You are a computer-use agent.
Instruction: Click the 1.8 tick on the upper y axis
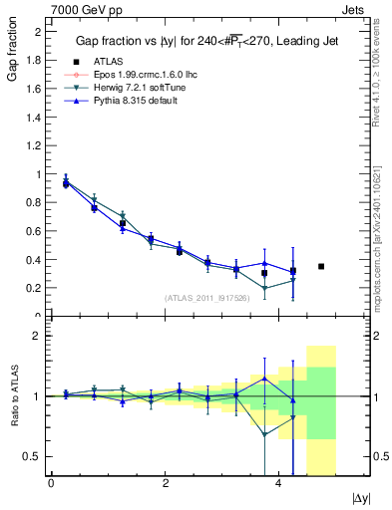pyautogui.click(x=35, y=60)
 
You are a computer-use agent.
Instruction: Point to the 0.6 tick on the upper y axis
pyautogui.click(x=35, y=231)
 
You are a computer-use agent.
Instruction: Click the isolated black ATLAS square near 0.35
pyautogui.click(x=321, y=266)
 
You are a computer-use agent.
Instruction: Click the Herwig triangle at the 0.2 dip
pyautogui.click(x=264, y=289)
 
